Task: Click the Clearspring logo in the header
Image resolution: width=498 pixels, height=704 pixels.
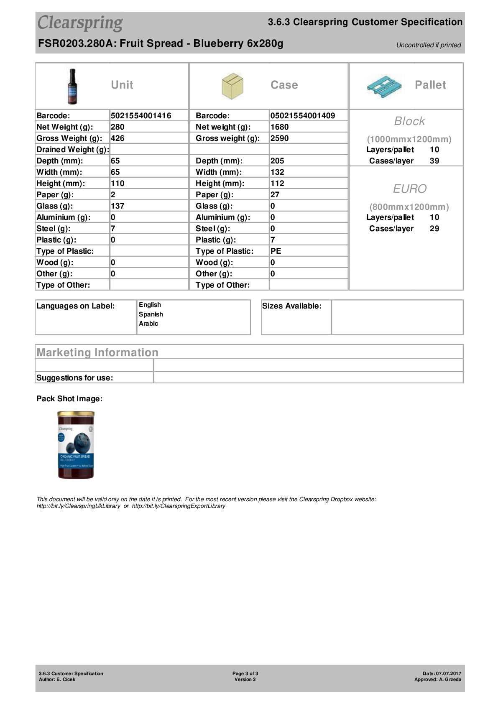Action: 80,23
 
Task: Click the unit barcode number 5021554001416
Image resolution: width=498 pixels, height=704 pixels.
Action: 141,116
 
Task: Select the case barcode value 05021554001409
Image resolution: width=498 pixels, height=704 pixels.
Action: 302,116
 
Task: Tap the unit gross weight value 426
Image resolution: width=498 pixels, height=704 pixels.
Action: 117,138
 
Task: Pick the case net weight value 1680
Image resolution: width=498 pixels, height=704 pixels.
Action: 279,127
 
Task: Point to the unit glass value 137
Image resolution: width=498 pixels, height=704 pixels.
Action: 117,206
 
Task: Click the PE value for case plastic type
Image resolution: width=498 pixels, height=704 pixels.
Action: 276,251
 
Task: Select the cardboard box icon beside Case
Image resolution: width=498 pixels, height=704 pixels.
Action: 232,86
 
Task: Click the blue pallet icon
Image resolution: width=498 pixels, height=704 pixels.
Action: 384,86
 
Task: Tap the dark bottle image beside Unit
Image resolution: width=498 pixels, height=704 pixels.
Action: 73,87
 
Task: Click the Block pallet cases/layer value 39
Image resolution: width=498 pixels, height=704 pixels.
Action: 434,161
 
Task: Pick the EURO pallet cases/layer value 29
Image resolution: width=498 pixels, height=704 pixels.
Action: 434,229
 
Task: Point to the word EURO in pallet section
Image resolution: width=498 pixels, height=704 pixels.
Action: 409,189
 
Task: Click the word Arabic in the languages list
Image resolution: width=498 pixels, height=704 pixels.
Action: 148,324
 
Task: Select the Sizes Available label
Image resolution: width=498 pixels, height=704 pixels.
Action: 292,306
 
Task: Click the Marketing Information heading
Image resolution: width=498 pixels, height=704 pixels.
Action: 97,352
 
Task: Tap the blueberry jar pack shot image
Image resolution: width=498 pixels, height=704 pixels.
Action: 76,445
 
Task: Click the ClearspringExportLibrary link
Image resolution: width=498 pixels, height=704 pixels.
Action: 179,506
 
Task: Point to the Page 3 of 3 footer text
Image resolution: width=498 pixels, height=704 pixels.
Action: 245,673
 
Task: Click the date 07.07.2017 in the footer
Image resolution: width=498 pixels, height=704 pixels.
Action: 449,673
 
